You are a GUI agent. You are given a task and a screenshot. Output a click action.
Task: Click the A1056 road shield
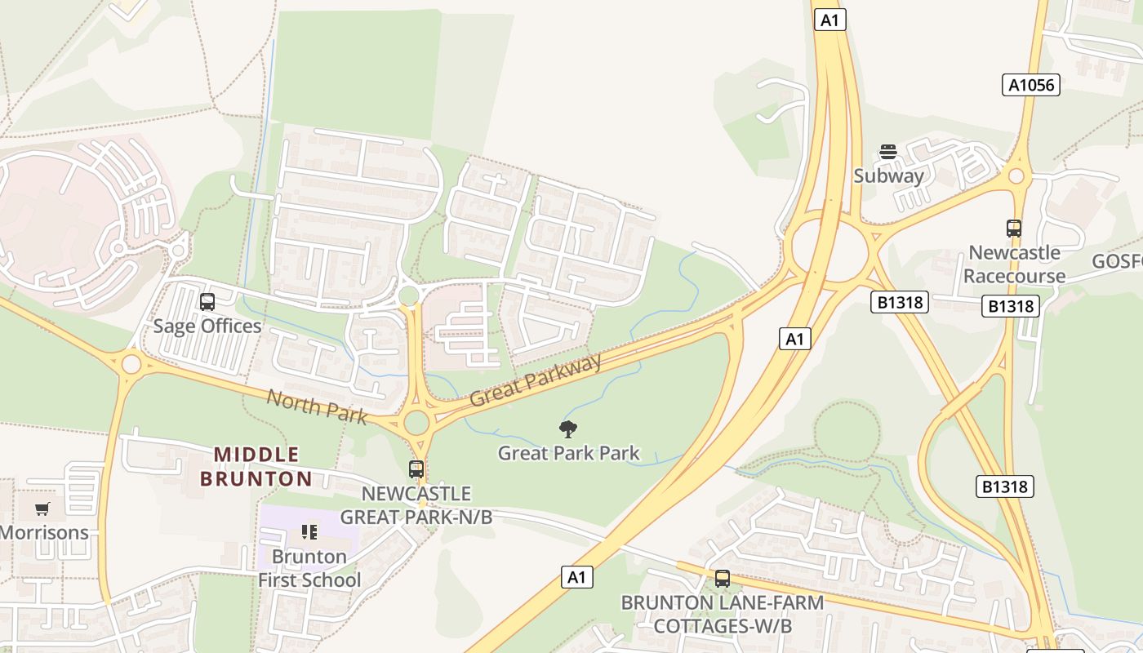(x=1031, y=85)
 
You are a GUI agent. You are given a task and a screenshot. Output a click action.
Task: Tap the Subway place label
(x=888, y=175)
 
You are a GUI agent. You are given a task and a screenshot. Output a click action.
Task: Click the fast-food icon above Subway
(x=888, y=152)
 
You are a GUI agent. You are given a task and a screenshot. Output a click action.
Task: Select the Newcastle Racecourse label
(x=1014, y=264)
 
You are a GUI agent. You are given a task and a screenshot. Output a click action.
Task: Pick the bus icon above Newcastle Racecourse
(x=1014, y=229)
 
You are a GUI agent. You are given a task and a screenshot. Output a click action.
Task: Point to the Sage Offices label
(x=207, y=326)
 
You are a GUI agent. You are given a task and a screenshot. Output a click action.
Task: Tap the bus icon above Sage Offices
(x=207, y=302)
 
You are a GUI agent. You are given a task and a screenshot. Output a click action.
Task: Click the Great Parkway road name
(x=536, y=380)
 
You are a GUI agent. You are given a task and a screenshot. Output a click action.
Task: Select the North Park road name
(x=317, y=406)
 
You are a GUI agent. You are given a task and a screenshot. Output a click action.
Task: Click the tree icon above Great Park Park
(x=568, y=429)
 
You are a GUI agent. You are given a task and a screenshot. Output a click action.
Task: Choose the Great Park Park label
(x=568, y=453)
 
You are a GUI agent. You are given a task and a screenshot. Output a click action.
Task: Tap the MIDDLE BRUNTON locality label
(x=256, y=466)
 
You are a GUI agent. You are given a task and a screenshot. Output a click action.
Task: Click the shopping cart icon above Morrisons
(x=42, y=509)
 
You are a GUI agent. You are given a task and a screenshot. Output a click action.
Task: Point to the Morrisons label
(x=44, y=533)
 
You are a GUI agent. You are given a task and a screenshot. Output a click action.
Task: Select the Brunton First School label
(x=309, y=568)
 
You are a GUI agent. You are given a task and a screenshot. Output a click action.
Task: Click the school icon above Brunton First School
(x=309, y=533)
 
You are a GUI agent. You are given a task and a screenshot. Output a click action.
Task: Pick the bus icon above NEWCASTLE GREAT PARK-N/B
(x=416, y=469)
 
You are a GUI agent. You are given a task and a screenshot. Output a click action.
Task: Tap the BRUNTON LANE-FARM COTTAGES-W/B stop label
(x=723, y=614)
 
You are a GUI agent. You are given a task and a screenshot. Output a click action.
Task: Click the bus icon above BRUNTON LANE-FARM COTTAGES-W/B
(x=723, y=579)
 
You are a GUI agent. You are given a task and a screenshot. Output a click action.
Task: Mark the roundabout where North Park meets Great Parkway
(x=416, y=422)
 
